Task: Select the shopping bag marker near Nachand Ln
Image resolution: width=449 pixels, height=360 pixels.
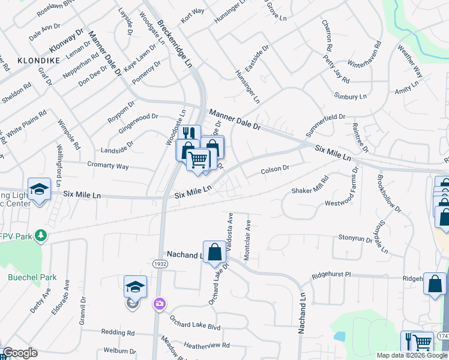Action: tap(214, 252)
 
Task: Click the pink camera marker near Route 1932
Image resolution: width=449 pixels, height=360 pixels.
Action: tap(158, 304)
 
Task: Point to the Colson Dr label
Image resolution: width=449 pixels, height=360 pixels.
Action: tap(275, 170)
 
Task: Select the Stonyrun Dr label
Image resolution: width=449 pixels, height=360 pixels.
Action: tap(355, 238)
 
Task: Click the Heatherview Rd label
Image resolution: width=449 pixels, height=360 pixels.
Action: tap(207, 346)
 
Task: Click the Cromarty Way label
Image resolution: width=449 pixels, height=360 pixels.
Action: tap(107, 166)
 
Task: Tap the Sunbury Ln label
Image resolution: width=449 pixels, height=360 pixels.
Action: tap(350, 96)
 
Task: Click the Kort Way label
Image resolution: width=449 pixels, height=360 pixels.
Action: tap(193, 14)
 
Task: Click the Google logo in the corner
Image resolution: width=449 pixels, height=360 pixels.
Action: tap(19, 353)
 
